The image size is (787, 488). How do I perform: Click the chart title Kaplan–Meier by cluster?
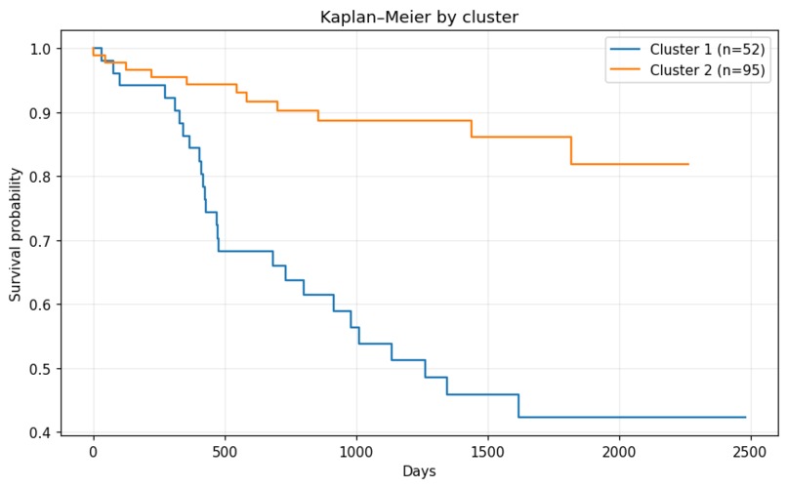click(419, 17)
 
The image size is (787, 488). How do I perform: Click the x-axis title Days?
click(419, 471)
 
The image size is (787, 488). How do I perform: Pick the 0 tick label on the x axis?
click(94, 452)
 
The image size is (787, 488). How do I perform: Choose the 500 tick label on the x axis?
click(225, 452)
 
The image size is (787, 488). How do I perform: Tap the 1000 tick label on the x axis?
click(355, 452)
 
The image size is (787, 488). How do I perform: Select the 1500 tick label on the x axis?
click(487, 452)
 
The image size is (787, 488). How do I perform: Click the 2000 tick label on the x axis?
click(618, 452)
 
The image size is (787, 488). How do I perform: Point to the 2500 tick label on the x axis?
click(749, 452)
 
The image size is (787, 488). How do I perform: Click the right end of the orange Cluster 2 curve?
click(688, 164)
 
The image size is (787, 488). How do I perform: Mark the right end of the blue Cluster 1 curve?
click(745, 417)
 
